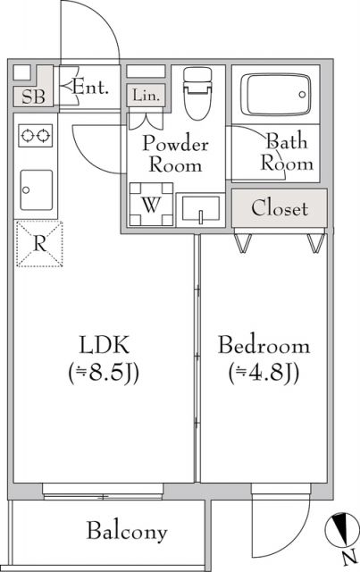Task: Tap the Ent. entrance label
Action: (89, 88)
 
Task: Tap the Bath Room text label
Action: (285, 151)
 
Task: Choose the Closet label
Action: (279, 209)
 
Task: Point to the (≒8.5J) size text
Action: (105, 372)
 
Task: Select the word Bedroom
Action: (264, 345)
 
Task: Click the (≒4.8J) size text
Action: (264, 372)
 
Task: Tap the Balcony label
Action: (127, 533)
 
